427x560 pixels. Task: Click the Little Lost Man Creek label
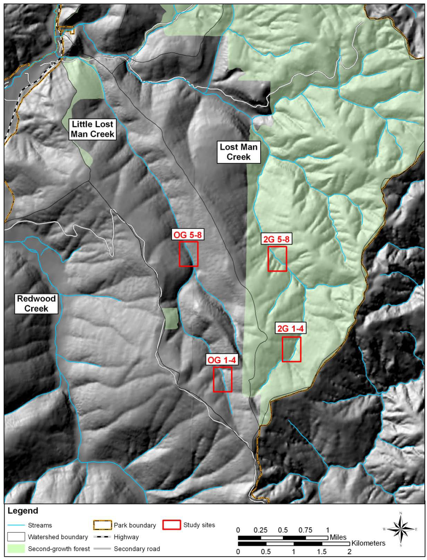(92, 129)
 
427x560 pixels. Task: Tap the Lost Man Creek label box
(239, 152)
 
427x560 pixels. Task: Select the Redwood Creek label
(36, 304)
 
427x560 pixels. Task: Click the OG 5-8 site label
(188, 235)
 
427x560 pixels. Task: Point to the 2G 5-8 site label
(276, 239)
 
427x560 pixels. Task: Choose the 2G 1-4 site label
(290, 329)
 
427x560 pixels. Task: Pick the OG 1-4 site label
(222, 360)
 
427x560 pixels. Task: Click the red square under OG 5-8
(188, 254)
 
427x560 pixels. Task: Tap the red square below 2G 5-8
(277, 259)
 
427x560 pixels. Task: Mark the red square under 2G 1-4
(291, 349)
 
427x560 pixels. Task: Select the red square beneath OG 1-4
(223, 379)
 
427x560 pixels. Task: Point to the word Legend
(23, 511)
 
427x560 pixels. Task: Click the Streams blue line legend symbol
(16, 525)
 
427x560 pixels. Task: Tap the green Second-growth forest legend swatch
(16, 549)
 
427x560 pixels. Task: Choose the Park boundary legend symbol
(103, 525)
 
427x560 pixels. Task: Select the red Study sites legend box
(171, 525)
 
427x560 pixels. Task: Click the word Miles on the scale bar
(338, 537)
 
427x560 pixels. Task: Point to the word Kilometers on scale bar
(368, 543)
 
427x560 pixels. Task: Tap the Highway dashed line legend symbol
(103, 537)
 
